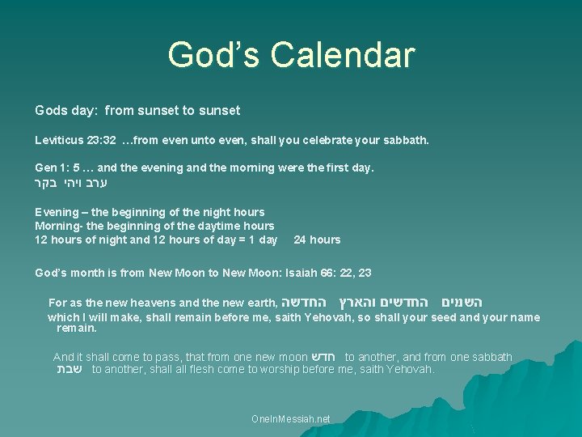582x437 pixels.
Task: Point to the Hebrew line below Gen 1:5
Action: [x=71, y=184]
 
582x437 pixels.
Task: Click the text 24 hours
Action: [x=317, y=240]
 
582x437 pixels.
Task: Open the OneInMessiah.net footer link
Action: [x=291, y=419]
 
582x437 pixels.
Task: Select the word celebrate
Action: [x=327, y=140]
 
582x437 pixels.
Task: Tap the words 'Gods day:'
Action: [x=65, y=109]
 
